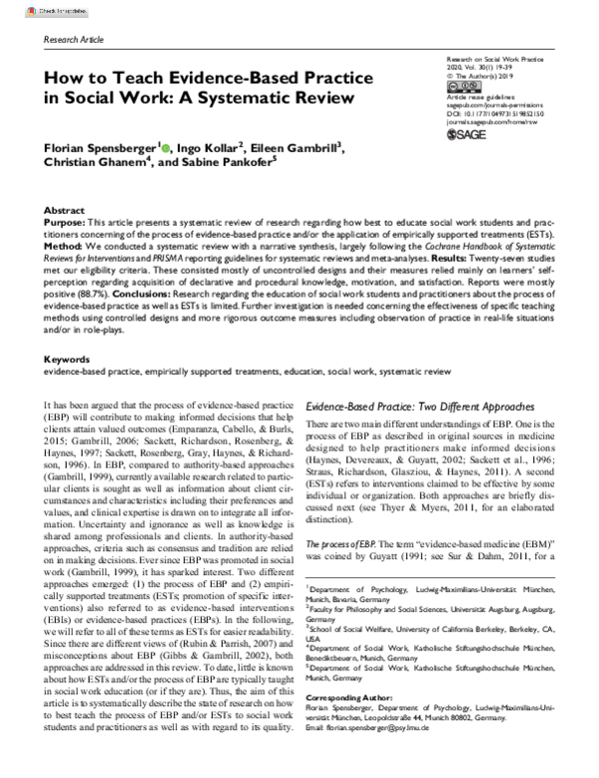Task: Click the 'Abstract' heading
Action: pos(65,212)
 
